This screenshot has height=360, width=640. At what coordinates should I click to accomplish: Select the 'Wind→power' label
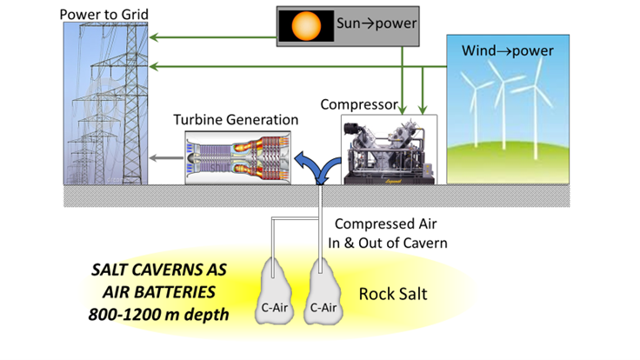coord(507,50)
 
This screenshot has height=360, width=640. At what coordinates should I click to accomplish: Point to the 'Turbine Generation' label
coord(236,119)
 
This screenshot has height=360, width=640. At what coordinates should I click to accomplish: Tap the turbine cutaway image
coord(237,157)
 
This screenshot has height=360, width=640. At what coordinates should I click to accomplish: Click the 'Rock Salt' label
coord(393,294)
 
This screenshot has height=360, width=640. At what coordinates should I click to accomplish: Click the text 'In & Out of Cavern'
coord(390,243)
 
